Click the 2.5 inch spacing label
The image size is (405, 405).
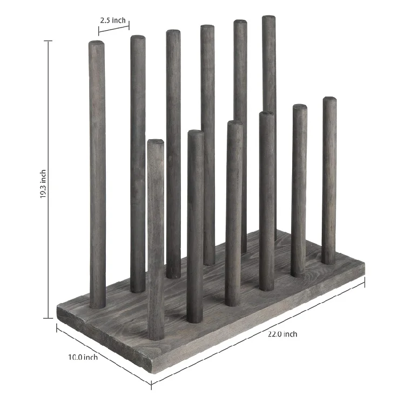coord(112,20)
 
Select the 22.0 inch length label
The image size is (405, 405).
coord(282,334)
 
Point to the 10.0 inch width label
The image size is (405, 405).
coord(83,356)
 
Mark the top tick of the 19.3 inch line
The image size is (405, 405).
coord(50,42)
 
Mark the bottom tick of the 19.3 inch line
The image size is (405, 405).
coord(50,319)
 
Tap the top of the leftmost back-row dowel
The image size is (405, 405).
coord(97,43)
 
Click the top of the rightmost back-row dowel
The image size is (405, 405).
coord(269,18)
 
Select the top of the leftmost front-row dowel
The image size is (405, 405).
coord(156,141)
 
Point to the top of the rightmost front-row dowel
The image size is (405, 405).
coord(329,99)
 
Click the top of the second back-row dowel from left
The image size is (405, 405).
coord(138,38)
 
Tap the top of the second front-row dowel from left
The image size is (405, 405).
coord(195,132)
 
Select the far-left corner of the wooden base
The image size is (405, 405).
coord(58,307)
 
